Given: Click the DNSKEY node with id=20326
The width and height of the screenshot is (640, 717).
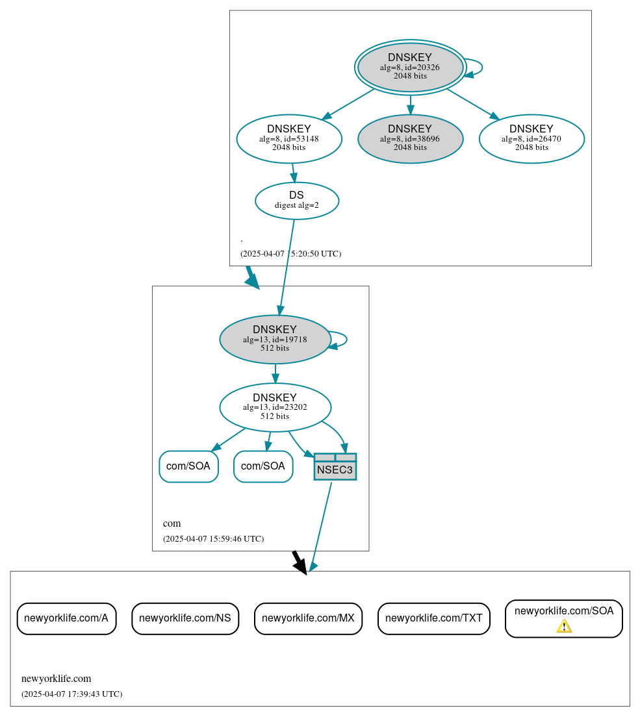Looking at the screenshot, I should click(x=410, y=67).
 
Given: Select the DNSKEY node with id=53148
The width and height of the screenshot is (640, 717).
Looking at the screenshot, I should click(x=289, y=138).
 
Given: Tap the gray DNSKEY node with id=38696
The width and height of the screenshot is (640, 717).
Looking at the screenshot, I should click(x=410, y=138).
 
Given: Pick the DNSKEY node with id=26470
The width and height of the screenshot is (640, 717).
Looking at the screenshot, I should click(x=531, y=138).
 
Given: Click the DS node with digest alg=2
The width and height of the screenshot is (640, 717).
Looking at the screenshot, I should click(x=296, y=201).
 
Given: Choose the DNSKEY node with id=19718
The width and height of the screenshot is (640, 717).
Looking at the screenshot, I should click(x=275, y=339).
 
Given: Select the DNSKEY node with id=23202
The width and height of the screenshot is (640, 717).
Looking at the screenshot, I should click(x=275, y=407).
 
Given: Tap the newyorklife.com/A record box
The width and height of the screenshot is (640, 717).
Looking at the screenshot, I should click(x=66, y=618).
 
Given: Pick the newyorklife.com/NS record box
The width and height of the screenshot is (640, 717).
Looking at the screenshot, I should click(x=185, y=618).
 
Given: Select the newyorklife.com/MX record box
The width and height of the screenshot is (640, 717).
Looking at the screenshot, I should click(x=308, y=618).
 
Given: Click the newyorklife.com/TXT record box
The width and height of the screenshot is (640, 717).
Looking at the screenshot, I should click(x=433, y=618).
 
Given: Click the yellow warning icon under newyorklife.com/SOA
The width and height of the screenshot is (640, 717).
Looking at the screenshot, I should click(x=564, y=626).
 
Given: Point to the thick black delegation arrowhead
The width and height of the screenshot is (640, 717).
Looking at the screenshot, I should click(x=300, y=567).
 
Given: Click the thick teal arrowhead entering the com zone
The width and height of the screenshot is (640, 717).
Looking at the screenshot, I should click(x=253, y=281).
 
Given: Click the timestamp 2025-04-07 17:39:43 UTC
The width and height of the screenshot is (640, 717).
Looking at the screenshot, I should click(x=71, y=694).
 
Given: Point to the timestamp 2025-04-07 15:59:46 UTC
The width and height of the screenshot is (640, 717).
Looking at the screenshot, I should click(x=213, y=539).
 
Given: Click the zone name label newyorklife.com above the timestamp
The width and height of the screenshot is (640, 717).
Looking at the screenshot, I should click(x=56, y=679).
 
